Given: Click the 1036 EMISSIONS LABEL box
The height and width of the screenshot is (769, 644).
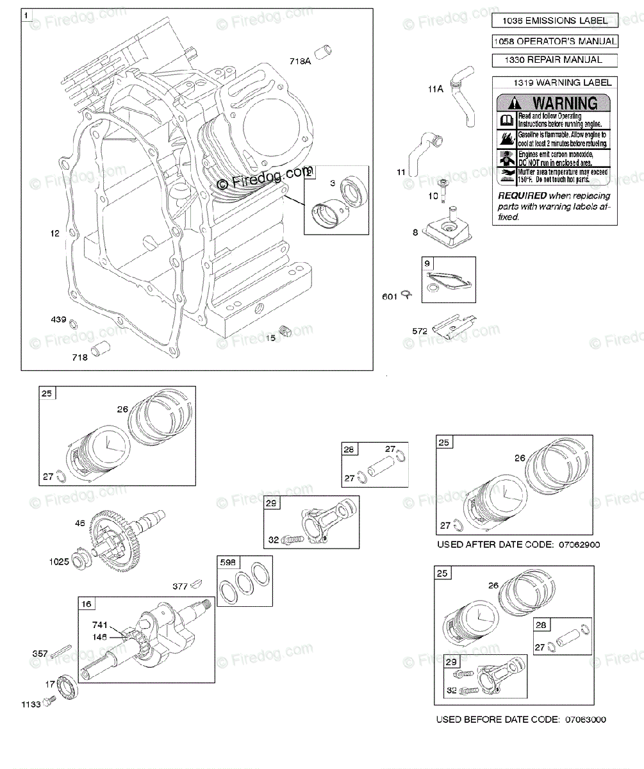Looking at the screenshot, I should point(554,21).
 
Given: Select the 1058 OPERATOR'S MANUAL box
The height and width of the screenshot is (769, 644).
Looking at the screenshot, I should point(554,42).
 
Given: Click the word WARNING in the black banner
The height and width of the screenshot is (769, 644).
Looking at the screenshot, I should point(565,103).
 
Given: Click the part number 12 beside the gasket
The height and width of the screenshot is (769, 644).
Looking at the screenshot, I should point(54,233).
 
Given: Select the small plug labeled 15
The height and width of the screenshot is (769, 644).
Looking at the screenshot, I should point(287,331).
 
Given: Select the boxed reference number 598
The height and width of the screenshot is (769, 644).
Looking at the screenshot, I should point(228,563).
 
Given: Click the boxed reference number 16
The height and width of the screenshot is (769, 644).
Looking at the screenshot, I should point(86,604).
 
